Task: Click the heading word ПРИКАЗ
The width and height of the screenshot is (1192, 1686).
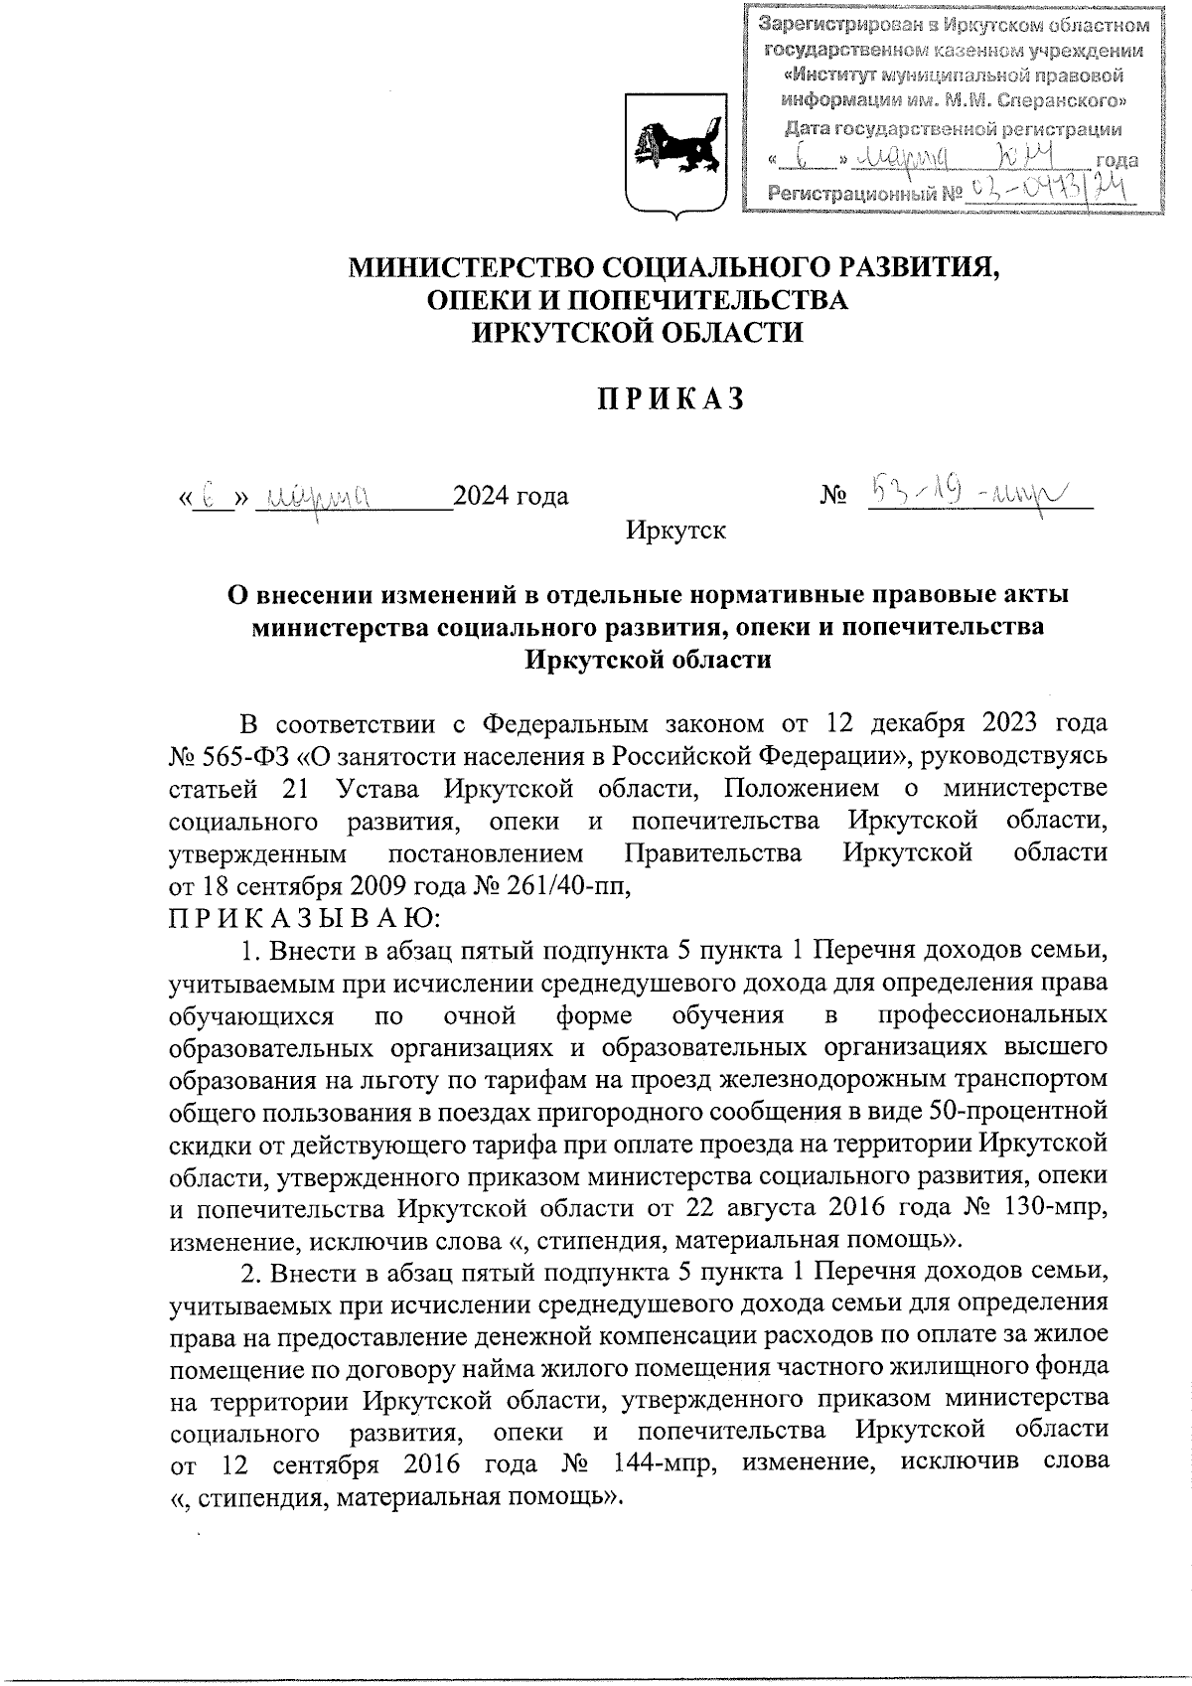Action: click(670, 399)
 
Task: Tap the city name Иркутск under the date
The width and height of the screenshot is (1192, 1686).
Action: click(675, 531)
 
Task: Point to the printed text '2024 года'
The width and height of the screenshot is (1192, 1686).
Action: click(511, 496)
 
